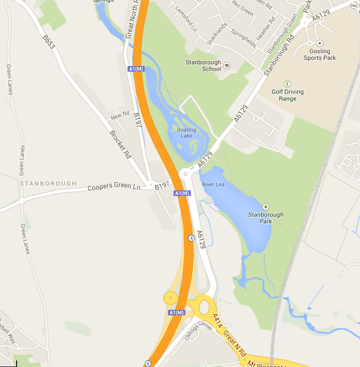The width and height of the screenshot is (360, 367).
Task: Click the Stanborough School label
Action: pyautogui.click(x=203, y=66)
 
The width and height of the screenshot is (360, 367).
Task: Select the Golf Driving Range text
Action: pyautogui.click(x=287, y=95)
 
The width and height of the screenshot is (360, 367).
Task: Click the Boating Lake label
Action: pyautogui.click(x=186, y=133)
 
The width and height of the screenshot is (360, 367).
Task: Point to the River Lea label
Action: pyautogui.click(x=212, y=184)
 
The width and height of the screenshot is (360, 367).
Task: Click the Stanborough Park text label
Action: pyautogui.click(x=266, y=218)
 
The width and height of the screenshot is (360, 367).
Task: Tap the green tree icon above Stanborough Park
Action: pyautogui.click(x=266, y=207)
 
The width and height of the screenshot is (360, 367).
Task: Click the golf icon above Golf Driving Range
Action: pyautogui.click(x=287, y=84)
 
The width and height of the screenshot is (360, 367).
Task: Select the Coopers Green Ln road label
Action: pyautogui.click(x=114, y=187)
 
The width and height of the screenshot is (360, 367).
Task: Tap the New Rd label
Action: pyautogui.click(x=119, y=115)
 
